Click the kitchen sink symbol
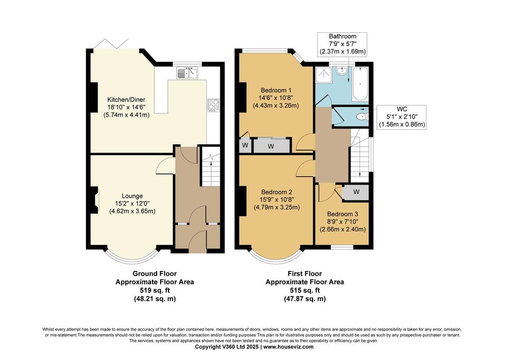187,74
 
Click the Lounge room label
132,203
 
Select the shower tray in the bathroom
324,76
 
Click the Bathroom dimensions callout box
342,44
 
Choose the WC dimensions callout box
402,117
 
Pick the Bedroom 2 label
276,199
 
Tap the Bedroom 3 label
342,221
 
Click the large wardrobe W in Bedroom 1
271,146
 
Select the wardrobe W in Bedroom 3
356,192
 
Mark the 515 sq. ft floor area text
304,290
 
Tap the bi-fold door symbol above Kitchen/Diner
113,43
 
